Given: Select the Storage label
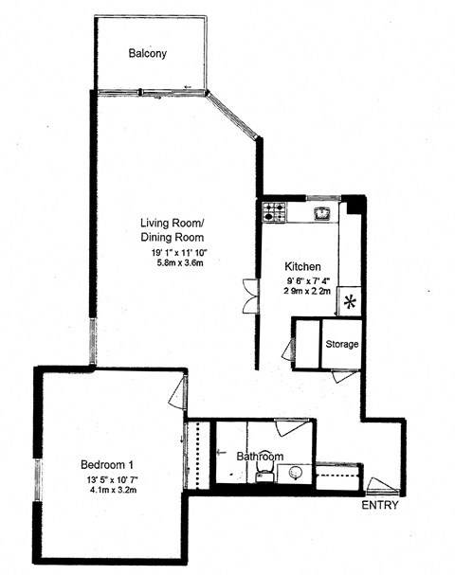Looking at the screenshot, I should [x=342, y=344].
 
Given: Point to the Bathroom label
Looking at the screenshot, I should [x=260, y=457].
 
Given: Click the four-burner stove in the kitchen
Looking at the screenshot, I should [x=275, y=212].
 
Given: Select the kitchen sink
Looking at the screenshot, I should [x=323, y=212].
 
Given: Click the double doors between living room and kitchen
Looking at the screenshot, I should [x=248, y=295].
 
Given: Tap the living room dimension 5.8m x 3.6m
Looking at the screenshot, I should [x=181, y=262].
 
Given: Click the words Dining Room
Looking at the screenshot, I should [x=173, y=237].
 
